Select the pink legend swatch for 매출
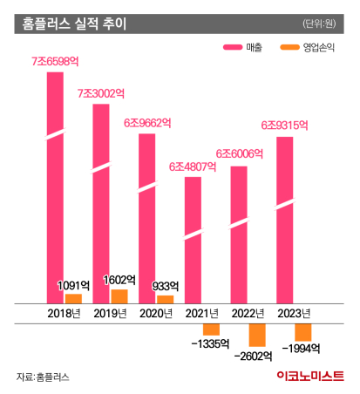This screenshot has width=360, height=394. tap(235, 48)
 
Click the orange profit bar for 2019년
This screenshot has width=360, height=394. tap(119, 297)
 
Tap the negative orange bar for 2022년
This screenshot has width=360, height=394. tap(257, 335)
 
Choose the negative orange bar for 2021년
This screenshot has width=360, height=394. tap(211, 329)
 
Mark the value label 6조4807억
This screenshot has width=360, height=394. tap(192, 166)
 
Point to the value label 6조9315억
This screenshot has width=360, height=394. tap(284, 126)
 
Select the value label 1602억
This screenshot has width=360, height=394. tap(118, 281)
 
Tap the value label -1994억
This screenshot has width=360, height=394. tap(302, 349)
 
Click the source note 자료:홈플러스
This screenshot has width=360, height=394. tap(42, 377)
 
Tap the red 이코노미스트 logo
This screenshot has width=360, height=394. tap(309, 376)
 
